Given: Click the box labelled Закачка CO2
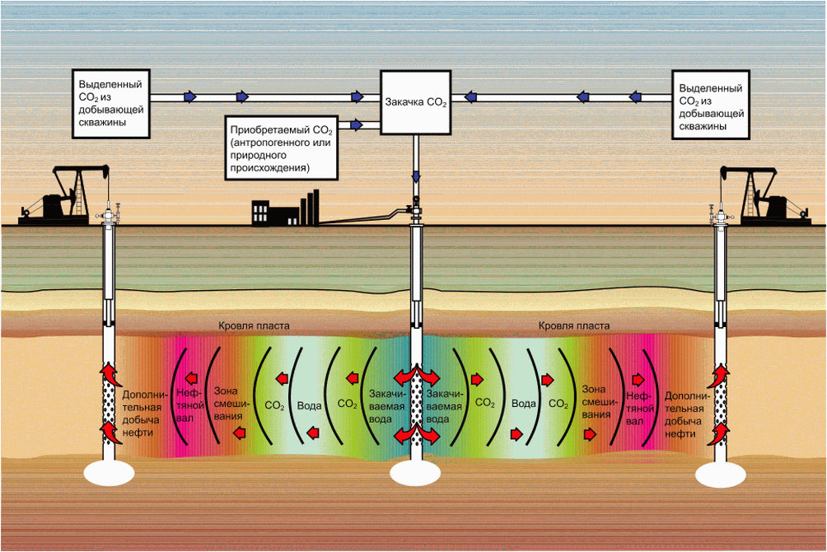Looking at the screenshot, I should [x=416, y=102].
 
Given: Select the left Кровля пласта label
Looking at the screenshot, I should [x=254, y=326].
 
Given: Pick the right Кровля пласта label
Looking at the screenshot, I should [x=574, y=326].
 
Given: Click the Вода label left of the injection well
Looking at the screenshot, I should [x=310, y=405].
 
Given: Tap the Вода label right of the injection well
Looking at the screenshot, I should [x=524, y=405].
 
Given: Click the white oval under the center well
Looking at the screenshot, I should [x=417, y=474].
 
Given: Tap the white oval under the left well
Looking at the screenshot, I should [x=109, y=472].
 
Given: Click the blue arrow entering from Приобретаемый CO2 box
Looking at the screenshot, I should [x=356, y=125].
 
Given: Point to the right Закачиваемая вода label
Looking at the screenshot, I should [x=439, y=405].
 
